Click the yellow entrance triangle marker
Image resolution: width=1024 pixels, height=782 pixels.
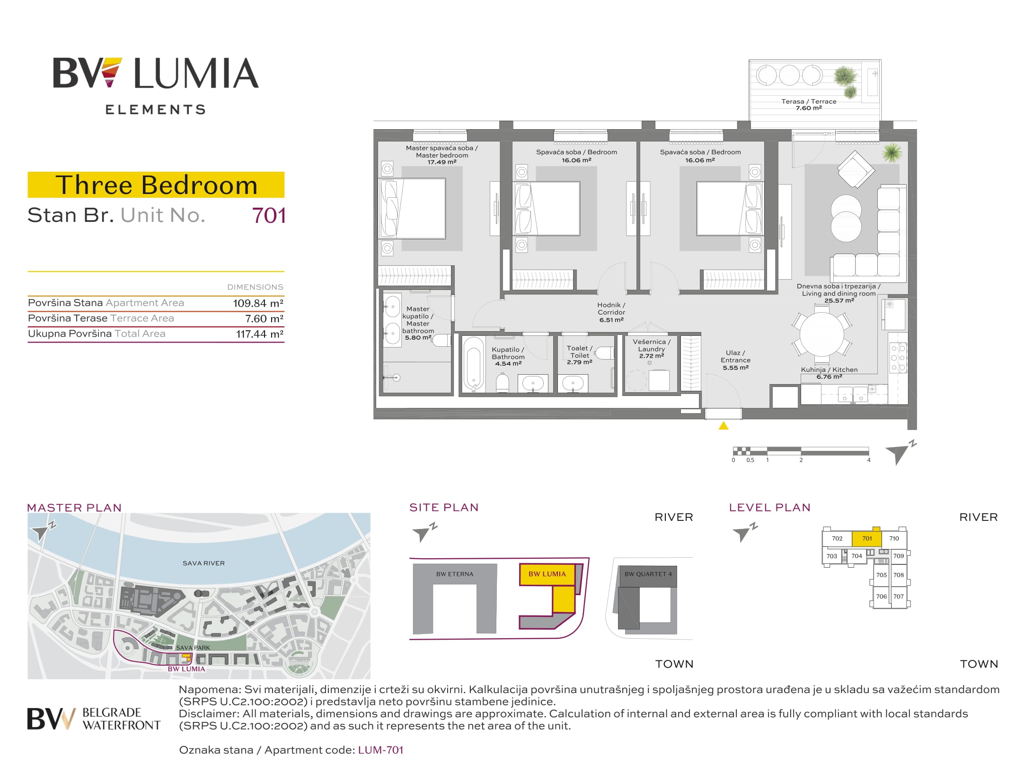coord(723,425)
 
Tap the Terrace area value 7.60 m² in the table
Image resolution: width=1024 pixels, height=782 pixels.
coord(264,319)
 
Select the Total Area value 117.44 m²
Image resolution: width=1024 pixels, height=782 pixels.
coord(260,334)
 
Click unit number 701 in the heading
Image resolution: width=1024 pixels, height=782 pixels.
coord(269,216)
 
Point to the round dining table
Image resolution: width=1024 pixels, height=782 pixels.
coord(821,334)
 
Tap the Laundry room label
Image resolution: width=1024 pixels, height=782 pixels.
coord(652,349)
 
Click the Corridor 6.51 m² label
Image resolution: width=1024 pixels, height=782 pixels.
coord(611,312)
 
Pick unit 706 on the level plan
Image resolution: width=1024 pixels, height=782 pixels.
coord(881,597)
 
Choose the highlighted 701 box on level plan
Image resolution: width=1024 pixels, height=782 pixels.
coord(867,538)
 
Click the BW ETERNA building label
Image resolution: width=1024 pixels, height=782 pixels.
coord(455,574)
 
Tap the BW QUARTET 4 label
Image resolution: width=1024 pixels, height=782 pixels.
coord(648,574)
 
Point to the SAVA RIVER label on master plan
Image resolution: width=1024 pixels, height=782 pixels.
coord(203,563)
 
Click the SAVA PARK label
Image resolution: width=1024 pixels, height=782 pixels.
coord(193,648)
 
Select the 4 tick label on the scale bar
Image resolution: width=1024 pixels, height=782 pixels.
coord(869,460)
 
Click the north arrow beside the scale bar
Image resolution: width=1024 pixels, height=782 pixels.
coord(900,453)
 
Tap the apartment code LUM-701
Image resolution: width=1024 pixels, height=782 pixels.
coord(380,750)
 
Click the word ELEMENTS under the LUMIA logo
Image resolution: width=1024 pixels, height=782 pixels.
coord(156,110)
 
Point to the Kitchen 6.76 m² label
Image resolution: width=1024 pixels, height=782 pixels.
coord(829,373)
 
